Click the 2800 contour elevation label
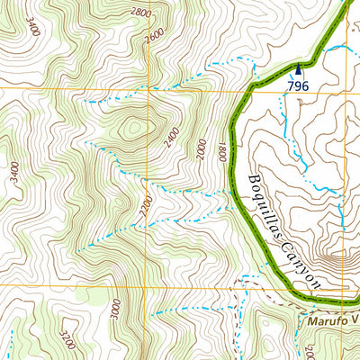tap(140, 13)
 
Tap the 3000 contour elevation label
tap(114, 309)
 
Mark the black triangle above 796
tap(299, 67)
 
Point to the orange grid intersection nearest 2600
tap(149, 89)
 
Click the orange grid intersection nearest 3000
tap(149, 286)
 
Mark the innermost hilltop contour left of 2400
tap(136, 130)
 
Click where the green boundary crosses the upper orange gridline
tap(247, 89)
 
